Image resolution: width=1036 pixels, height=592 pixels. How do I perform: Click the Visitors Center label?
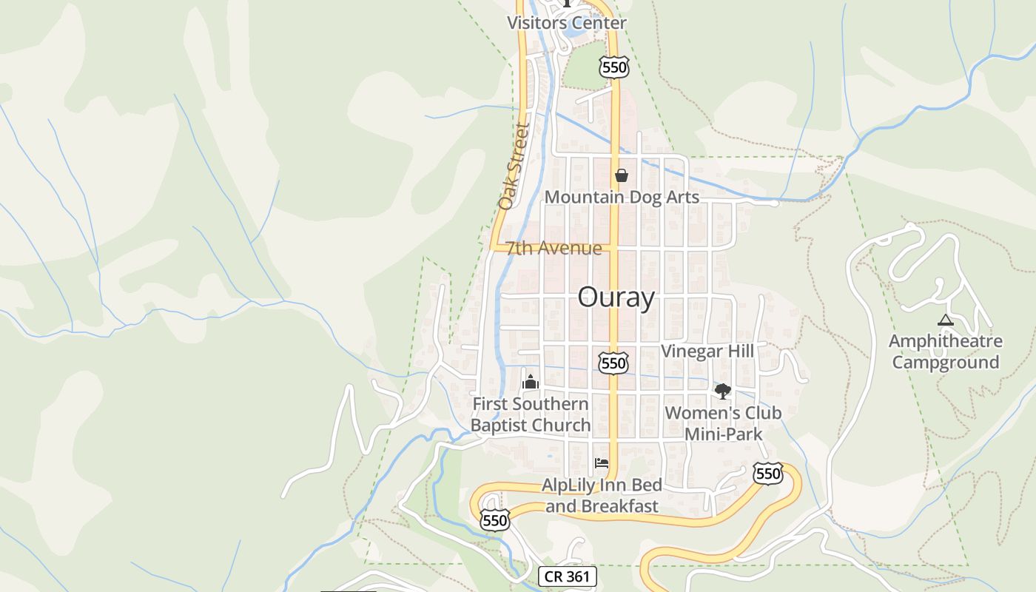[x=566, y=23]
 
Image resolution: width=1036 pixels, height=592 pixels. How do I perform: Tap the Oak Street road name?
[x=511, y=166]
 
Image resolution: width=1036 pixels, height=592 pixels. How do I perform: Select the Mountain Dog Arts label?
[x=622, y=197]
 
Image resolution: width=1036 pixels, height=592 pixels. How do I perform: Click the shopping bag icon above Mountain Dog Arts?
[x=622, y=175]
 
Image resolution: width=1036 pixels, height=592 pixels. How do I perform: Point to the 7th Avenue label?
[x=554, y=248]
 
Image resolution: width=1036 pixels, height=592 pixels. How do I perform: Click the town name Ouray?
[x=616, y=297]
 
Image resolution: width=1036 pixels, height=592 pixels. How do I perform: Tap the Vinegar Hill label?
[x=707, y=351]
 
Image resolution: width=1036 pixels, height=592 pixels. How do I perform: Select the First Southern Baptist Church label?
[x=531, y=414]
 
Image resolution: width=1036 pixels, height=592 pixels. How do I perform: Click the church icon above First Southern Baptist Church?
[x=530, y=382]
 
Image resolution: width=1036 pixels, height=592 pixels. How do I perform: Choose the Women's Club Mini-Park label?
[x=723, y=423]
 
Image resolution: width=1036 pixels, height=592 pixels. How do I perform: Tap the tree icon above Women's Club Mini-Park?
[x=722, y=391]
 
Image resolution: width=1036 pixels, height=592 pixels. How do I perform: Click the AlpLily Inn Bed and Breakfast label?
[x=602, y=496]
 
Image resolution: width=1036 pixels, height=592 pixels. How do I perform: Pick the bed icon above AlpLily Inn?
[x=602, y=464]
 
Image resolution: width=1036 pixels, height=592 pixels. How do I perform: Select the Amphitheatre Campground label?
[x=946, y=351]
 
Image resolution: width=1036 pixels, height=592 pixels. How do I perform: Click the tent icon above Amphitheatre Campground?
[x=945, y=320]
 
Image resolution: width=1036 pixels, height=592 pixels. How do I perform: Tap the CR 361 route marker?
[x=567, y=576]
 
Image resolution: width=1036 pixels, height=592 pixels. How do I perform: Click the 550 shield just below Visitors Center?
[x=614, y=67]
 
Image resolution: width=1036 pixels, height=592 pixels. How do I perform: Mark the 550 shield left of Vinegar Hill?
[x=613, y=363]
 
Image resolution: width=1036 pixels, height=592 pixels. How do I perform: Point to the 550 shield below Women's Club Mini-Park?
[x=768, y=474]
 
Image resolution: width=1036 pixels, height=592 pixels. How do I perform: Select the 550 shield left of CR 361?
[x=494, y=519]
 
